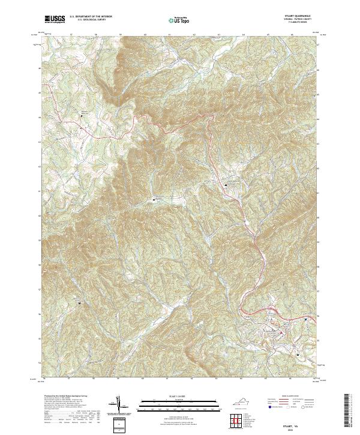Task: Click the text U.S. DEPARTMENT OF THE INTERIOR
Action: point(91,16)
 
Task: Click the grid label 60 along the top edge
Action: point(145,35)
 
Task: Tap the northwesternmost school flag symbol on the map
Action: point(83,115)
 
